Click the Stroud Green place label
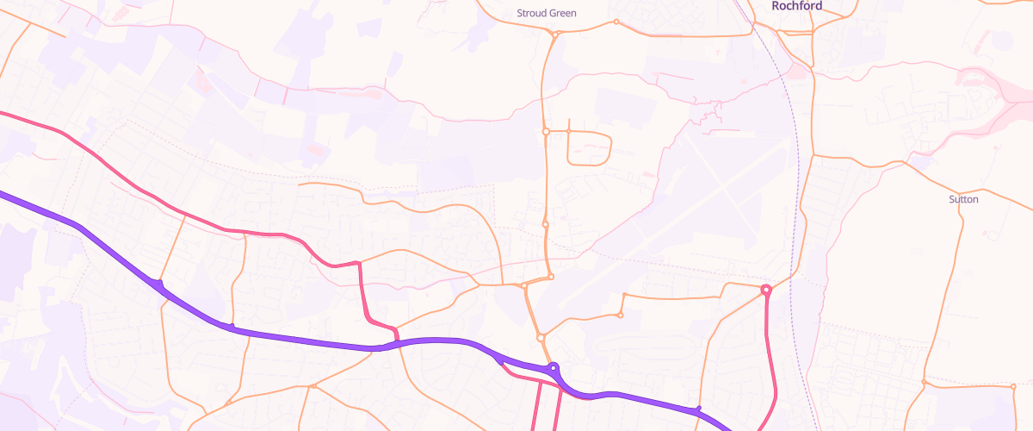click(x=546, y=13)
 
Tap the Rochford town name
click(x=796, y=6)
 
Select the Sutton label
click(x=963, y=199)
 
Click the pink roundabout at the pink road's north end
click(x=766, y=290)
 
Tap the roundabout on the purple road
click(x=554, y=367)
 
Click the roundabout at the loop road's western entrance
click(x=546, y=132)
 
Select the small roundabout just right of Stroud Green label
click(x=616, y=22)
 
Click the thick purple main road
click(x=301, y=339)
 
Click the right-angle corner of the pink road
click(x=358, y=263)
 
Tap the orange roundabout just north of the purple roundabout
click(x=541, y=337)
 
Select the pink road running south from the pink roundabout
click(x=772, y=362)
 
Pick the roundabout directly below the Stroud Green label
click(x=558, y=34)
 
